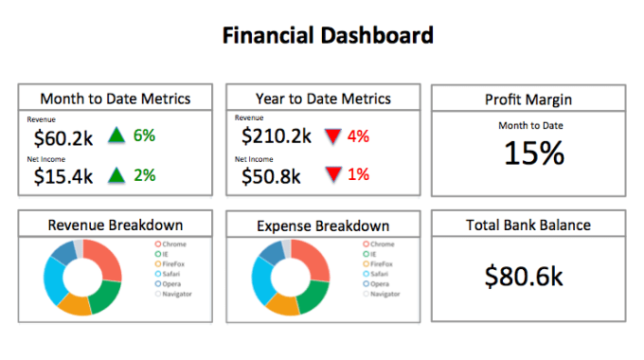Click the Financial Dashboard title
(x=328, y=36)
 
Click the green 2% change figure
(x=144, y=174)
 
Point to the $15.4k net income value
(x=63, y=176)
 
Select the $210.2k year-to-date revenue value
(x=277, y=136)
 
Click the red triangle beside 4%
(x=332, y=136)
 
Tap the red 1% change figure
(x=358, y=174)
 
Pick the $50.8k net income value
(x=271, y=175)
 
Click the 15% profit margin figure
(x=533, y=153)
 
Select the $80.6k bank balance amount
(x=524, y=276)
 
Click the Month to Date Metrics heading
(x=116, y=99)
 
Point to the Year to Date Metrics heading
(x=324, y=99)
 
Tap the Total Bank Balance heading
(x=528, y=225)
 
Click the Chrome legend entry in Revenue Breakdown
(x=173, y=244)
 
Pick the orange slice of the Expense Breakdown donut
(x=281, y=303)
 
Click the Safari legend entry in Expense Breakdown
(x=379, y=274)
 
